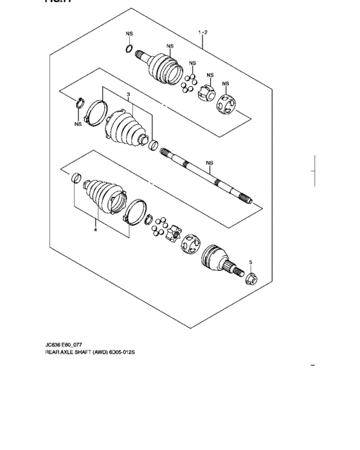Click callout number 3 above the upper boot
(x=129, y=94)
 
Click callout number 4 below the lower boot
(x=95, y=228)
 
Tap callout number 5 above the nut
(x=251, y=262)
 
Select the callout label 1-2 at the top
(x=203, y=31)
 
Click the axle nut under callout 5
(x=251, y=278)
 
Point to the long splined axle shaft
(x=206, y=173)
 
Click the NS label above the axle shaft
(x=209, y=163)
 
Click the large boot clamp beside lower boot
(x=134, y=213)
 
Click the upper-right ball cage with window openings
(x=227, y=105)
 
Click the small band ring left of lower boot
(x=75, y=178)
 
